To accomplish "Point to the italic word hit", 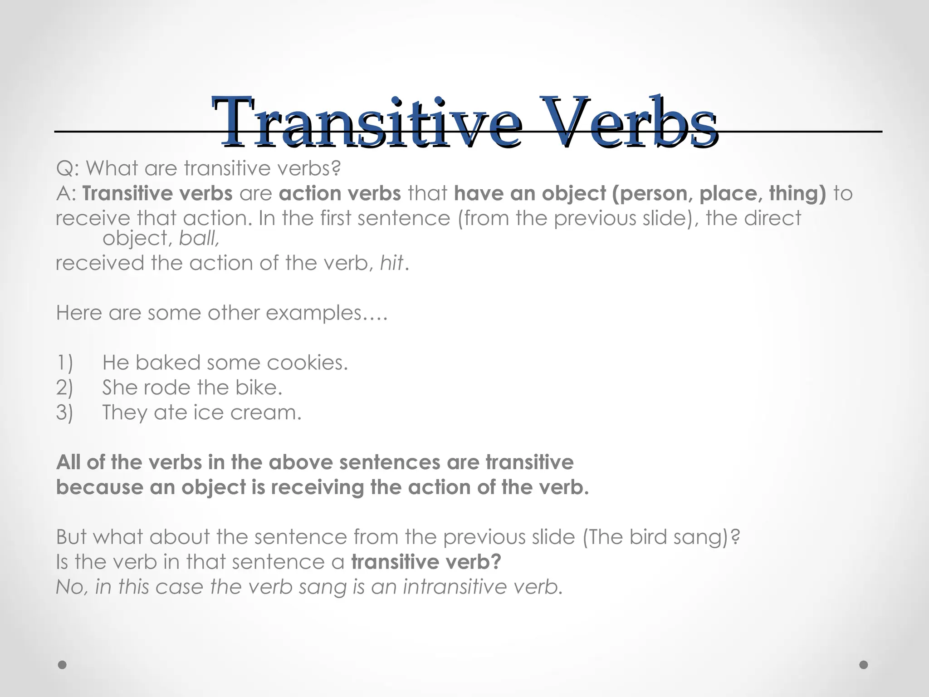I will pos(391,263).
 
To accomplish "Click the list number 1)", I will pos(64,363).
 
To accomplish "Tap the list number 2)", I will pos(64,388).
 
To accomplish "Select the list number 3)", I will pos(64,413).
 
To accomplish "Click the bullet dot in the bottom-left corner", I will pos(63,665).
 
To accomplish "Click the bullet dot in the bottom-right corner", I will pos(864,665).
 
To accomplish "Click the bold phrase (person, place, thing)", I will pos(719,194).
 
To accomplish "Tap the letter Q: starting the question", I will pos(68,169).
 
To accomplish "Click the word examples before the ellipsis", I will pos(313,313).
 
